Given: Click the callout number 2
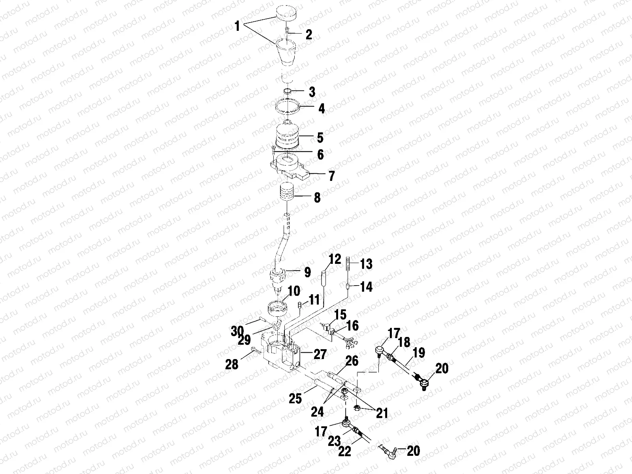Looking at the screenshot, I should (308, 35).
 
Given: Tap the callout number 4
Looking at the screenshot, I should (322, 109).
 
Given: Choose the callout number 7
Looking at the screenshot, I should (331, 176).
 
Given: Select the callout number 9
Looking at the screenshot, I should (307, 272).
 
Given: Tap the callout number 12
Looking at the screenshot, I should (334, 260).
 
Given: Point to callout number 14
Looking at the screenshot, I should (366, 287).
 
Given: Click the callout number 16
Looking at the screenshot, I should (352, 325).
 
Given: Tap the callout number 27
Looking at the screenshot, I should (320, 354).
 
